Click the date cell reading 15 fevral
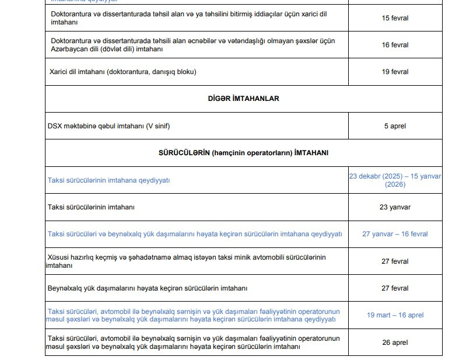[395, 18]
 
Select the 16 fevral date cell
[395, 45]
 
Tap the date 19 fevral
[395, 72]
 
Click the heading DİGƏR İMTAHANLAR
[243, 99]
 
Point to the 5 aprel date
[395, 126]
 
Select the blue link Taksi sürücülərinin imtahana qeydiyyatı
[108, 180]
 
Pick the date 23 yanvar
[395, 207]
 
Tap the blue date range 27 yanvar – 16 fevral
[395, 234]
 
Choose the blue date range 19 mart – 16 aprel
[395, 315]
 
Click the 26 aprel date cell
[395, 342]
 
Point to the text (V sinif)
[157, 126]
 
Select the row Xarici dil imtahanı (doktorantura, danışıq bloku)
[122, 72]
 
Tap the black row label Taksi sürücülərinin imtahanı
[94, 207]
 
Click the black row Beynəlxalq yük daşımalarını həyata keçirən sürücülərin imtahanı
[148, 288]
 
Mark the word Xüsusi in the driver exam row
[62, 257]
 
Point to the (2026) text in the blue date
[395, 184]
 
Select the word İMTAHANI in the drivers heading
[311, 152]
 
